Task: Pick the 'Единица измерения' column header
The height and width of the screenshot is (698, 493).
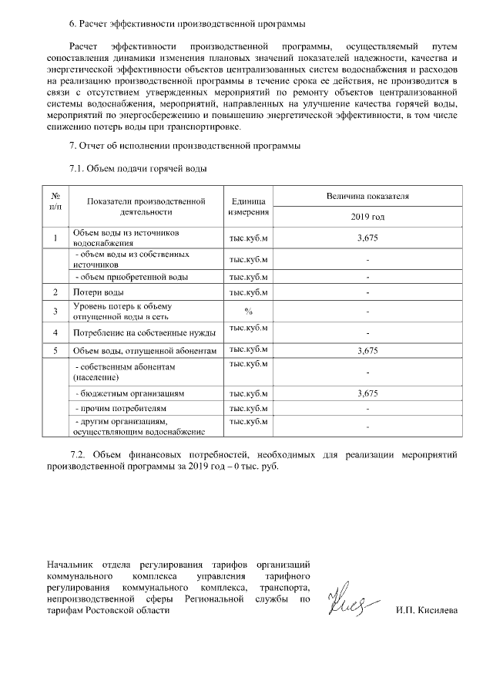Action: tap(248, 206)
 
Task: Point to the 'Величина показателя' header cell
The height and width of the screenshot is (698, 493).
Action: tap(367, 197)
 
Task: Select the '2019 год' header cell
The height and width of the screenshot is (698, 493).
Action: tap(367, 217)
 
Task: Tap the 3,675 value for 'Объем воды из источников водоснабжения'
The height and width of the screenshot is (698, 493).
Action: tap(367, 238)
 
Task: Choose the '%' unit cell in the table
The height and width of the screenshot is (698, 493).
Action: tap(248, 311)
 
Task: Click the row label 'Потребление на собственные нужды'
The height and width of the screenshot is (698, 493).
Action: tap(143, 332)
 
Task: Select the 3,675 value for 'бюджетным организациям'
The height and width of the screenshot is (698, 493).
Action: tap(367, 393)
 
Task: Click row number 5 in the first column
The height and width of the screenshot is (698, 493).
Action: tap(55, 351)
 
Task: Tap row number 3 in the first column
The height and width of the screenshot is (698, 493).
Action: tap(55, 311)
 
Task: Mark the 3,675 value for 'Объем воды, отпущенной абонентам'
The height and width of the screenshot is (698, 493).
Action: tap(367, 351)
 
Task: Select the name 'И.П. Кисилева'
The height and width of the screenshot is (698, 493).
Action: tap(426, 610)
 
